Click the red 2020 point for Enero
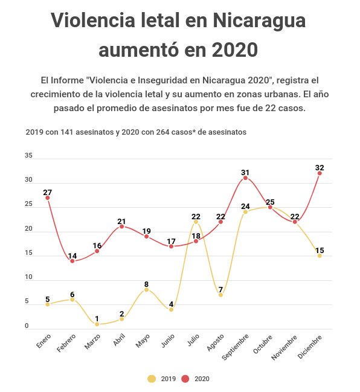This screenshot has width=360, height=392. (x=48, y=198)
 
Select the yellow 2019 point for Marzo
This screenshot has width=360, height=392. (x=97, y=324)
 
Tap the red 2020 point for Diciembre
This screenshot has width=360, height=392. (x=320, y=173)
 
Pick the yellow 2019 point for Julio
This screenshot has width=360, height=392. (x=196, y=222)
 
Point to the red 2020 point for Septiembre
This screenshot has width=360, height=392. (x=245, y=178)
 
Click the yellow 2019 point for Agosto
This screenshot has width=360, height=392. (x=220, y=295)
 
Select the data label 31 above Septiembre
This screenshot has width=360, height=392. (x=245, y=173)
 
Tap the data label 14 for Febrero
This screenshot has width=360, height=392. (x=72, y=255)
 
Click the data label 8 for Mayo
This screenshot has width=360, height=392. (x=147, y=284)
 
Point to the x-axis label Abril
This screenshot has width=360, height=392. (x=119, y=340)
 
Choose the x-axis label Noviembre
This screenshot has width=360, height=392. (x=284, y=347)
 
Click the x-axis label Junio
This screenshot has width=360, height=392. (x=168, y=341)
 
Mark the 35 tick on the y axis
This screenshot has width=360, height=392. (x=28, y=155)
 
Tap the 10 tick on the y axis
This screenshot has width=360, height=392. (x=28, y=277)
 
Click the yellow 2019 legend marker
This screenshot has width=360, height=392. (x=152, y=379)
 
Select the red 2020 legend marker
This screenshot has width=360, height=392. (x=185, y=379)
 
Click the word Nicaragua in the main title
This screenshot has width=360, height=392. (x=259, y=21)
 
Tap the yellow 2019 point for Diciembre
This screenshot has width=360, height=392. (x=320, y=255)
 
